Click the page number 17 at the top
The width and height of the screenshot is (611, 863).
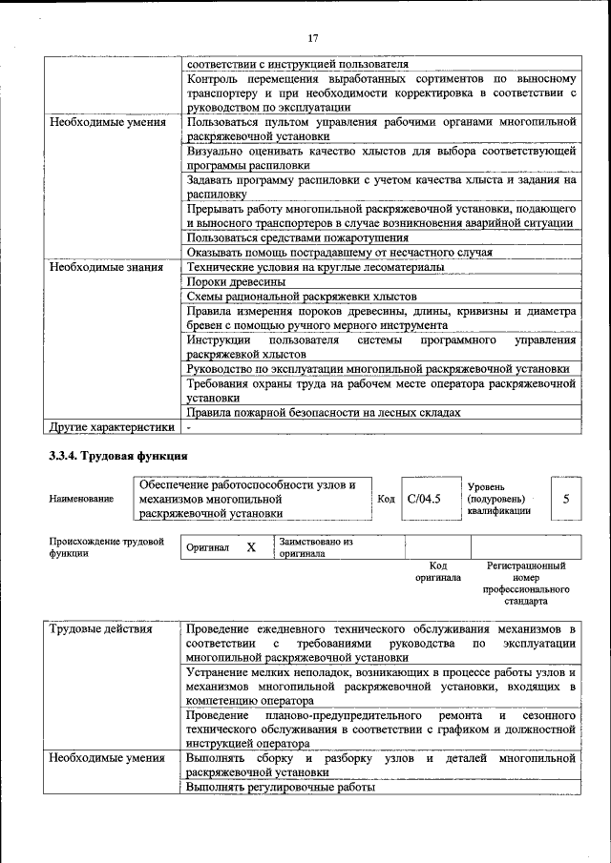click(312, 38)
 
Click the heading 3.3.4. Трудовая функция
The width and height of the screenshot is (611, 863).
click(119, 456)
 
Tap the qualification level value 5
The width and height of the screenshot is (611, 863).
click(566, 498)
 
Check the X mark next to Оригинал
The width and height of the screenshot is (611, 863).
click(251, 547)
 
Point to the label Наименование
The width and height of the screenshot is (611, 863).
click(81, 499)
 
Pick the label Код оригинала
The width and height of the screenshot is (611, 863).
click(438, 571)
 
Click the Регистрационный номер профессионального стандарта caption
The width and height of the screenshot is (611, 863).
click(525, 584)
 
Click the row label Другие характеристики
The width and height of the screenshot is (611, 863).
click(112, 427)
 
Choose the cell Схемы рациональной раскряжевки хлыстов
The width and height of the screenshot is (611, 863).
click(302, 298)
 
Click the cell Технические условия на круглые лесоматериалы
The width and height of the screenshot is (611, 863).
click(315, 267)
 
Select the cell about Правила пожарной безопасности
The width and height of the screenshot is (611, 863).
click(324, 412)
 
